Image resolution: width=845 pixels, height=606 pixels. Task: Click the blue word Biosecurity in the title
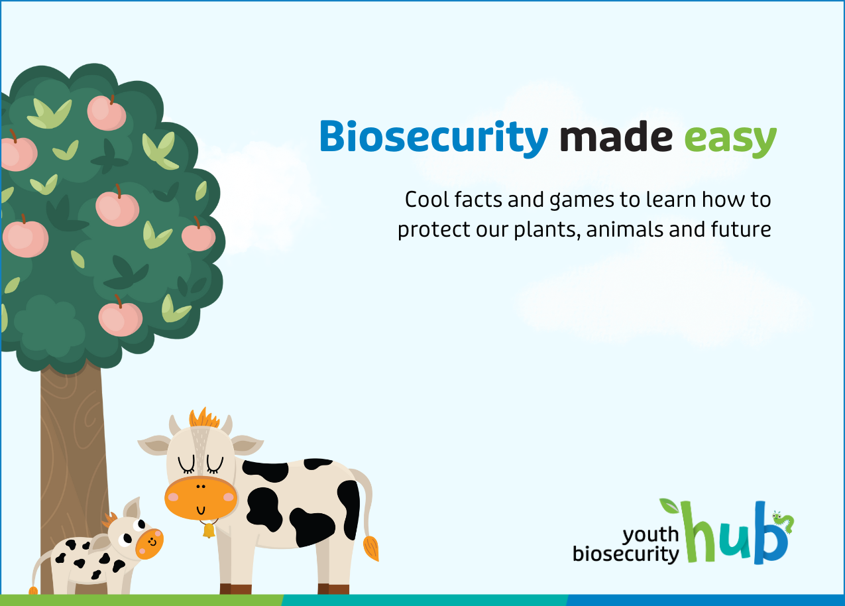click(434, 139)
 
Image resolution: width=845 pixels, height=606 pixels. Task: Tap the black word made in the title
click(616, 136)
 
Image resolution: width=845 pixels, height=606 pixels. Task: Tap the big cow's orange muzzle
click(201, 498)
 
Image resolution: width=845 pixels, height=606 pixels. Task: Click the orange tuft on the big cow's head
click(204, 418)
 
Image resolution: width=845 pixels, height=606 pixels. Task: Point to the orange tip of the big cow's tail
click(371, 548)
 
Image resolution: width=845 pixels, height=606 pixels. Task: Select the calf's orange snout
click(149, 544)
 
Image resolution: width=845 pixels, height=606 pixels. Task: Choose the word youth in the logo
click(650, 534)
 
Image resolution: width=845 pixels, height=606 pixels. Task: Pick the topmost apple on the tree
click(107, 113)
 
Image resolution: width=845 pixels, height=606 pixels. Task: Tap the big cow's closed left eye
click(186, 465)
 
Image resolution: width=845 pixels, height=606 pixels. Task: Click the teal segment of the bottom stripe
click(424, 600)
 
